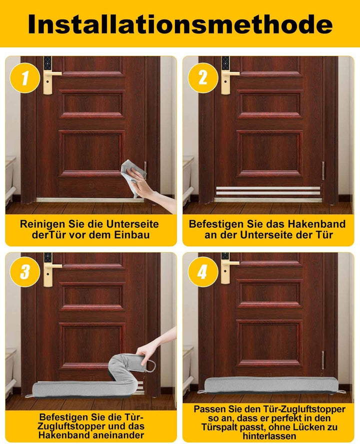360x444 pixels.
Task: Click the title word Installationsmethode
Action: [x=180, y=23]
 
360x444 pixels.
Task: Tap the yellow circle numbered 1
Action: [x=23, y=78]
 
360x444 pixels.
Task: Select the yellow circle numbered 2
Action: [x=202, y=78]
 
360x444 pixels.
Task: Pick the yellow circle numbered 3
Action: [x=23, y=272]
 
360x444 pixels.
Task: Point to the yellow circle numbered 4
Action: [x=202, y=272]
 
